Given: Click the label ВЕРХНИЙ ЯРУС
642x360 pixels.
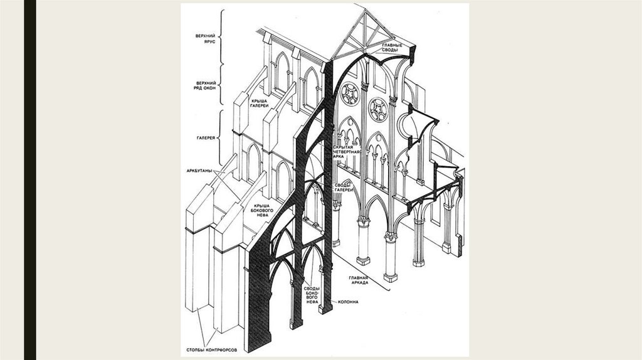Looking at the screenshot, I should [206, 40].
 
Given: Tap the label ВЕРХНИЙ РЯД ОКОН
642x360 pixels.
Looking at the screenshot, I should [206, 87].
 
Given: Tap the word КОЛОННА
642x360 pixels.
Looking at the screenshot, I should [347, 302].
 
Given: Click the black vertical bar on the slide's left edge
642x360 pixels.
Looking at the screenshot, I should [29, 180].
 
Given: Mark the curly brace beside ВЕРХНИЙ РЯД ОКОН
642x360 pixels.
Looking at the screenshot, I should [221, 87].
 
